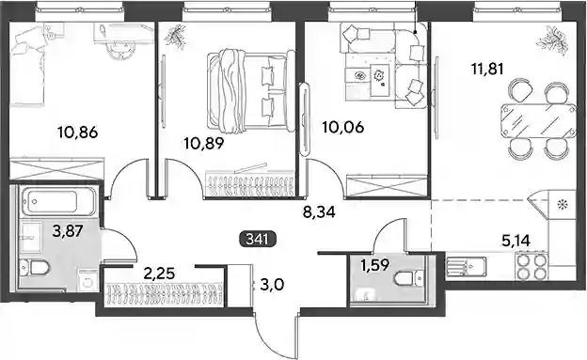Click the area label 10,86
(x=77, y=133)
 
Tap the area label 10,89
(x=204, y=143)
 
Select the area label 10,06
(x=343, y=128)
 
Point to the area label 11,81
(x=487, y=69)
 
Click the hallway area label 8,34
(x=319, y=212)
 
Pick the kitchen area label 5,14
(x=516, y=242)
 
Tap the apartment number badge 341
(x=258, y=239)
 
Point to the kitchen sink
(x=467, y=266)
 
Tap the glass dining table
(x=538, y=121)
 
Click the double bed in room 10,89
(x=250, y=91)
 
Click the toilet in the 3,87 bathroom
(x=35, y=268)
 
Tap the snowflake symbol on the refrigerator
(x=562, y=205)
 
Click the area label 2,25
(x=160, y=274)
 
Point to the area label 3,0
(x=272, y=285)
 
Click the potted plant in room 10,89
(x=175, y=37)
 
